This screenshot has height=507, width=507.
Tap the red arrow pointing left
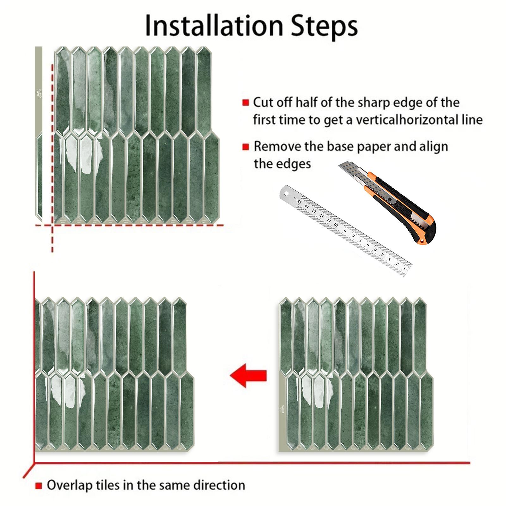pos(248,376)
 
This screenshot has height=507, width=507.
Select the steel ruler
pos(345,232)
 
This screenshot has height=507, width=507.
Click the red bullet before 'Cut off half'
pos(245,102)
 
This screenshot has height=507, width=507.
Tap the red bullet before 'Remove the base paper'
pos(245,147)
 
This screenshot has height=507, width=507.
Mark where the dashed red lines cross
pos(53,225)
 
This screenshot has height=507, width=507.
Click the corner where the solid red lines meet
pos(34,462)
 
